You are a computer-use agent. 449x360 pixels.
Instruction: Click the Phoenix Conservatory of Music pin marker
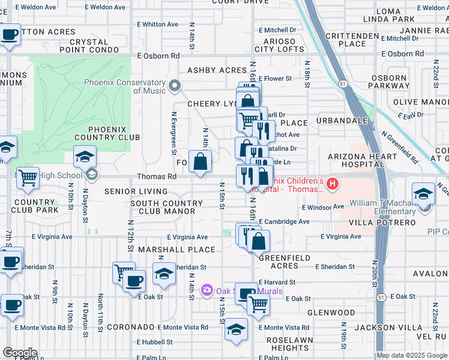(175, 86)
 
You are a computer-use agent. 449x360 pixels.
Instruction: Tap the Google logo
(20, 353)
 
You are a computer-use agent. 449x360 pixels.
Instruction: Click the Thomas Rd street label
(157, 177)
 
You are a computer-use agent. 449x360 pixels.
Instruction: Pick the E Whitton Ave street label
(157, 25)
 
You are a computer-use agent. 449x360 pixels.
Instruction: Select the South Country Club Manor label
(163, 207)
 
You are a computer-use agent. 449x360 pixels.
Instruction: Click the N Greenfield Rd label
(402, 148)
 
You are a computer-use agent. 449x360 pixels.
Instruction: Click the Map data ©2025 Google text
(412, 355)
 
